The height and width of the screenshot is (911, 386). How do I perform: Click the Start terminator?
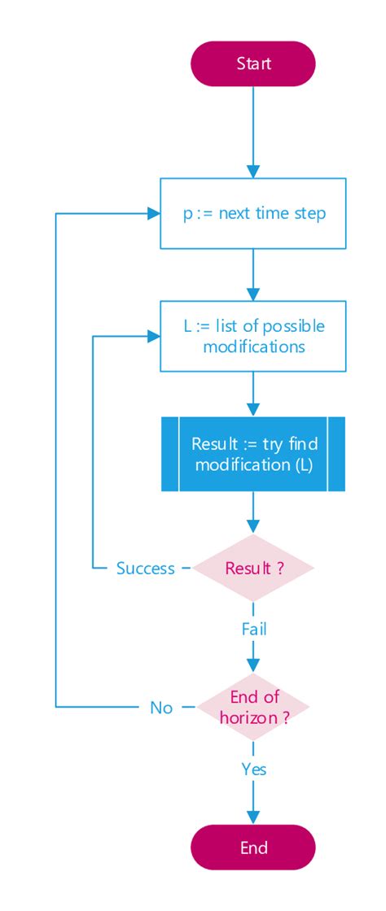253,63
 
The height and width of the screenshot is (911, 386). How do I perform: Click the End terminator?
253,848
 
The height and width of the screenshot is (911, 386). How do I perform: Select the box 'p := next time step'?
253,214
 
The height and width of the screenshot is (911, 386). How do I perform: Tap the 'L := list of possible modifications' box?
253,336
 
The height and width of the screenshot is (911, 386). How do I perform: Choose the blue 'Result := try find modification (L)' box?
253,454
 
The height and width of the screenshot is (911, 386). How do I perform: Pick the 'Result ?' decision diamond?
253,568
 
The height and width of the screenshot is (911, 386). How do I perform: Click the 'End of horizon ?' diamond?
253,707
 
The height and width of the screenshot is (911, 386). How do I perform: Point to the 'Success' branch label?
145,569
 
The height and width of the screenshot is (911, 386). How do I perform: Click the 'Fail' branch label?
253,629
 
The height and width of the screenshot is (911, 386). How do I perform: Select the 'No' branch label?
161,708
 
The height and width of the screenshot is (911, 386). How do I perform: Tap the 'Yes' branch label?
253,769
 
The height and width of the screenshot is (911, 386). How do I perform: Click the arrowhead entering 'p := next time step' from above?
253,171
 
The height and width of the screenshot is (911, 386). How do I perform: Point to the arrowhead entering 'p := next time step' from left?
153,214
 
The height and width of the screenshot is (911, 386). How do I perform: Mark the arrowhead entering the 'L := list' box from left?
153,336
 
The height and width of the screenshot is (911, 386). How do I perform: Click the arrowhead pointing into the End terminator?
253,817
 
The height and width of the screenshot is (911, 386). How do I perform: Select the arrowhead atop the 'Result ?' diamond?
253,526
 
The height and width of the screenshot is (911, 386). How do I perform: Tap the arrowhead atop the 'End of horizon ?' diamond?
253,665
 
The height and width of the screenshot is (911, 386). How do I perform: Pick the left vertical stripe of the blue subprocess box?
169,454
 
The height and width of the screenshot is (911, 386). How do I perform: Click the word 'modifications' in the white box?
254,347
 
